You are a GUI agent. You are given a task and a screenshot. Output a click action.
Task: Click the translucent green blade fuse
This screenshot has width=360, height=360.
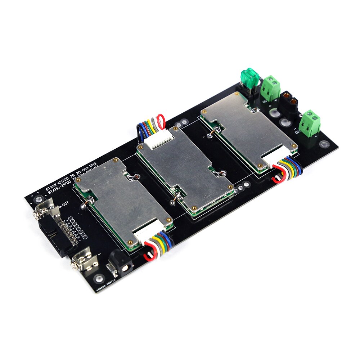(x=249, y=76)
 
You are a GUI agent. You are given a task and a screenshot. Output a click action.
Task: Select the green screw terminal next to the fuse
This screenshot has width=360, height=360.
(x=271, y=87)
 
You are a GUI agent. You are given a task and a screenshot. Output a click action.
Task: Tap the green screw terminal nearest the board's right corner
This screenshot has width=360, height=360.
(x=310, y=122)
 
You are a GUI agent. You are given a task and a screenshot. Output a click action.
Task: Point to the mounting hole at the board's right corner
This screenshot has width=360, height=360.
(x=324, y=145)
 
